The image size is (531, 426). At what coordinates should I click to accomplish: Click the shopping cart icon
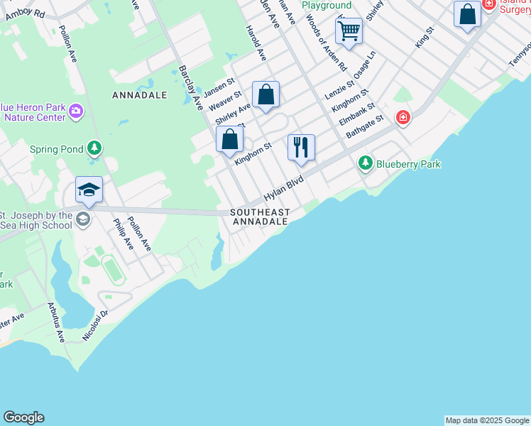[349, 31]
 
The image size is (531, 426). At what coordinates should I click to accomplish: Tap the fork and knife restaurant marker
[301, 147]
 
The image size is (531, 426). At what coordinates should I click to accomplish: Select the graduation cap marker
[89, 189]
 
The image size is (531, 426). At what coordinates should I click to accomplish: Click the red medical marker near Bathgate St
[403, 117]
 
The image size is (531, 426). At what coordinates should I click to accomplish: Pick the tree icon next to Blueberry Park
[366, 164]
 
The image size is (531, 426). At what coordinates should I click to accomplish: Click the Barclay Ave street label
[190, 88]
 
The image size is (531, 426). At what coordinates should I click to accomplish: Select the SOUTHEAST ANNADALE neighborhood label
[260, 217]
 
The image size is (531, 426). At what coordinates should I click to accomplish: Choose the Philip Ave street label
[123, 234]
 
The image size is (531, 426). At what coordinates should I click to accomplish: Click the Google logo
[23, 417]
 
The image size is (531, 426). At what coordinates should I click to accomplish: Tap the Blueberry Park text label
[408, 164]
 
